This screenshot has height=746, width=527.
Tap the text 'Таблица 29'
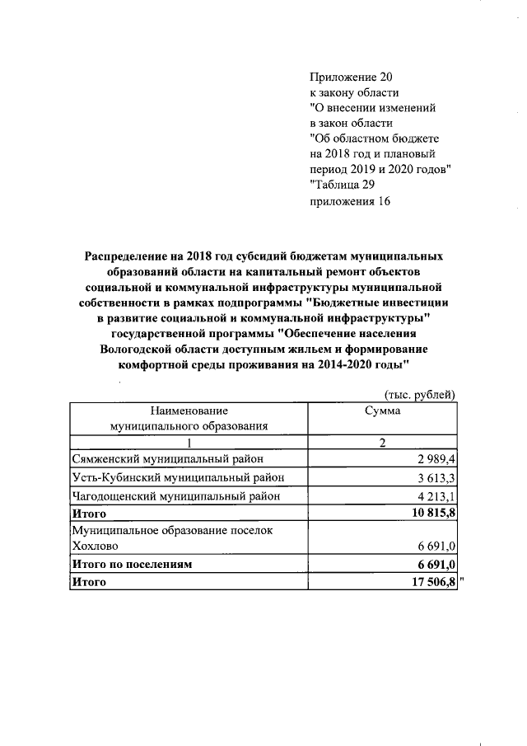tap(344, 185)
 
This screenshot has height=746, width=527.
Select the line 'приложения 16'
tap(349, 201)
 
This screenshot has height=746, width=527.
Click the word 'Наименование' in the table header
tap(189, 411)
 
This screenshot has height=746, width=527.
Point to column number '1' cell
tap(189, 443)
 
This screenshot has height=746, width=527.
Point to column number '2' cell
tap(382, 443)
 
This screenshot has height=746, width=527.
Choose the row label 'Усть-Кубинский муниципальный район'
tap(179, 478)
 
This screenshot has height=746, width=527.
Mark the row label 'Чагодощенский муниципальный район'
tap(176, 496)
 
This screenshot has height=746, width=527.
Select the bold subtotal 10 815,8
tap(430, 514)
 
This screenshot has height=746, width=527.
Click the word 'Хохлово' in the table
tap(96, 546)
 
